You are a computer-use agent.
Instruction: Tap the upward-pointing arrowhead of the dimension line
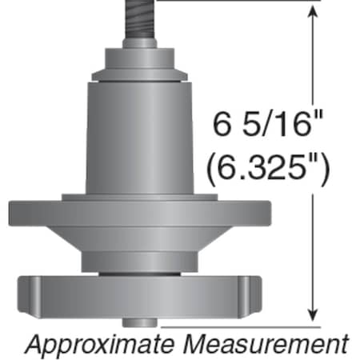coord(311,14)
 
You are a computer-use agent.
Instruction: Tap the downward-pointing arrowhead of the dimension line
coord(311,314)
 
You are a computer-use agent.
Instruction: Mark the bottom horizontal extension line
coord(240,326)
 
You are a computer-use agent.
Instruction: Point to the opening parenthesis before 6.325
coord(214,169)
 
